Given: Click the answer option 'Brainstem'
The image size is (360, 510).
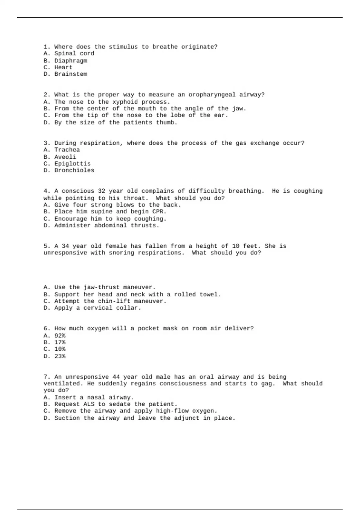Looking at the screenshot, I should (70, 74).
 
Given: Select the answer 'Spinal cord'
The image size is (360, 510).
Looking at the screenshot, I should (74, 53).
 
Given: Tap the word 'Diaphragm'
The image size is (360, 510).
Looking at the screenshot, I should (70, 61).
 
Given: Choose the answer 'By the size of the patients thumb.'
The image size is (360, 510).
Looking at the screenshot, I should (115, 123).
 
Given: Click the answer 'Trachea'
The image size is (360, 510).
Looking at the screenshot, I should (67, 150).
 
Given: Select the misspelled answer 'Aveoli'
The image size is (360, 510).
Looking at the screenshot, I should (65, 157).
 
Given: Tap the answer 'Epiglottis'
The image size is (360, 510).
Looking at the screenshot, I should (72, 164).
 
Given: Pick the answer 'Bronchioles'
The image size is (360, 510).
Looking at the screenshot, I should (74, 170).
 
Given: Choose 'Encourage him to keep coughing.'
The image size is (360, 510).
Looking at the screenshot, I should (110, 219).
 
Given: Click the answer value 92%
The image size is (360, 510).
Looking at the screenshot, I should (60, 336).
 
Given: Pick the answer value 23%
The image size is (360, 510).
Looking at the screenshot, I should (60, 356).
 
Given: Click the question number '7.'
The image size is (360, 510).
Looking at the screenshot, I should (47, 377).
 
